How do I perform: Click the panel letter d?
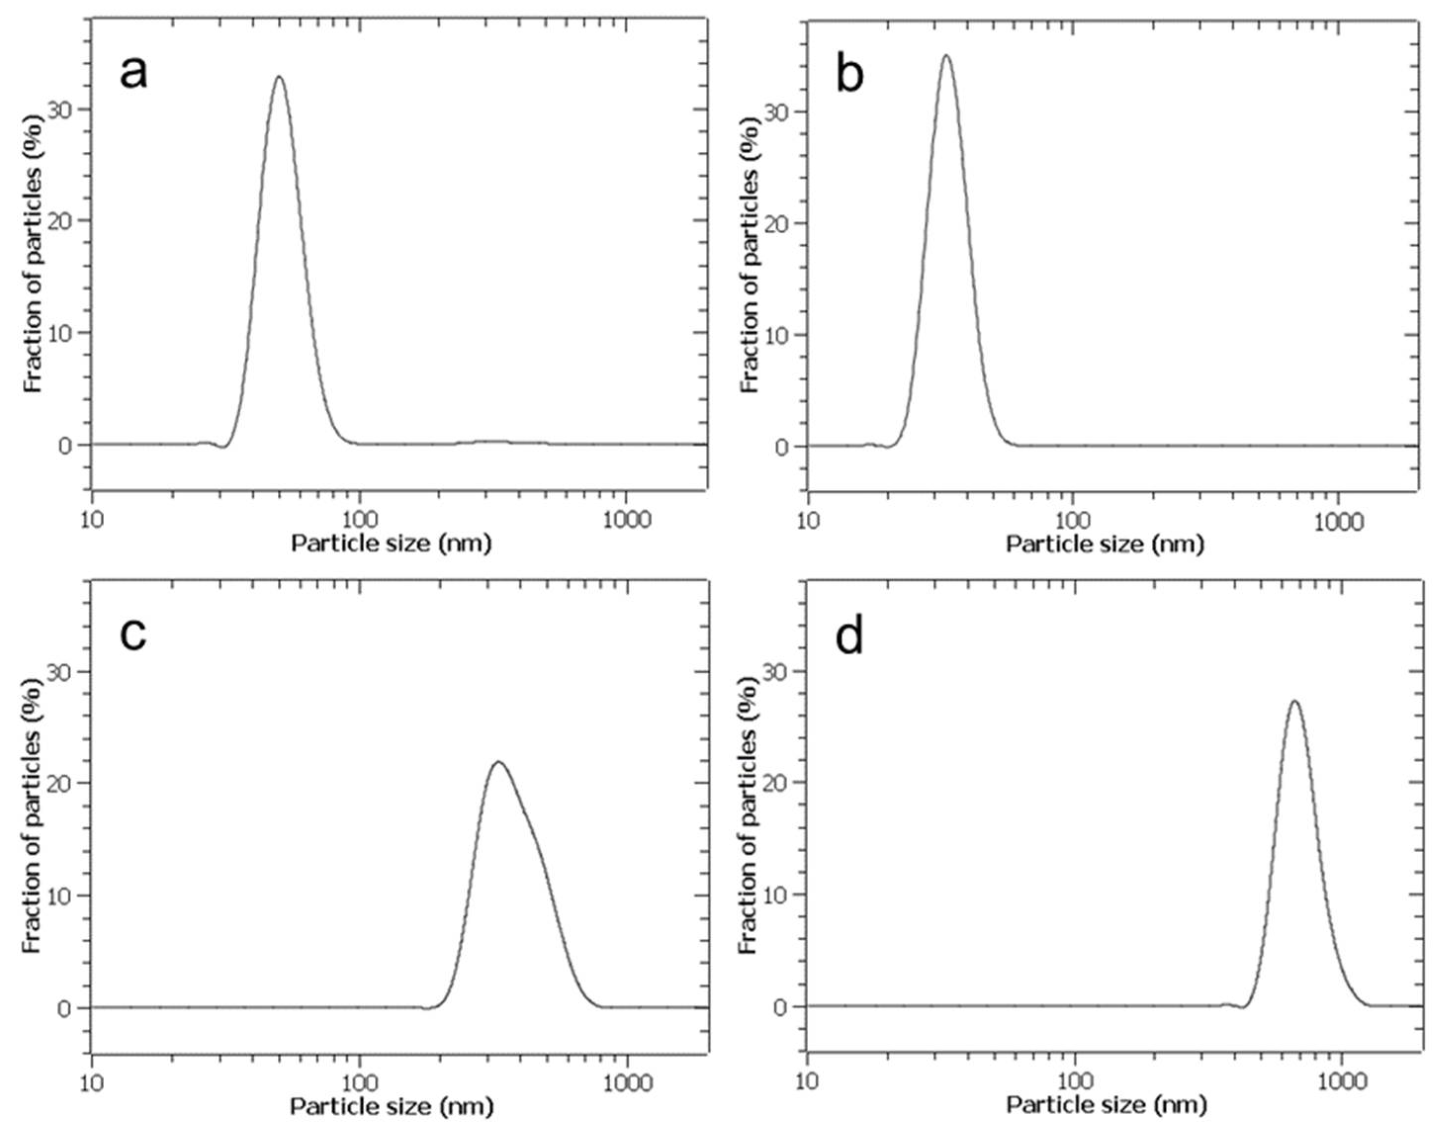(x=850, y=637)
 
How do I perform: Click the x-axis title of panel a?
(x=392, y=544)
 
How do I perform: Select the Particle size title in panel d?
(x=1106, y=1105)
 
